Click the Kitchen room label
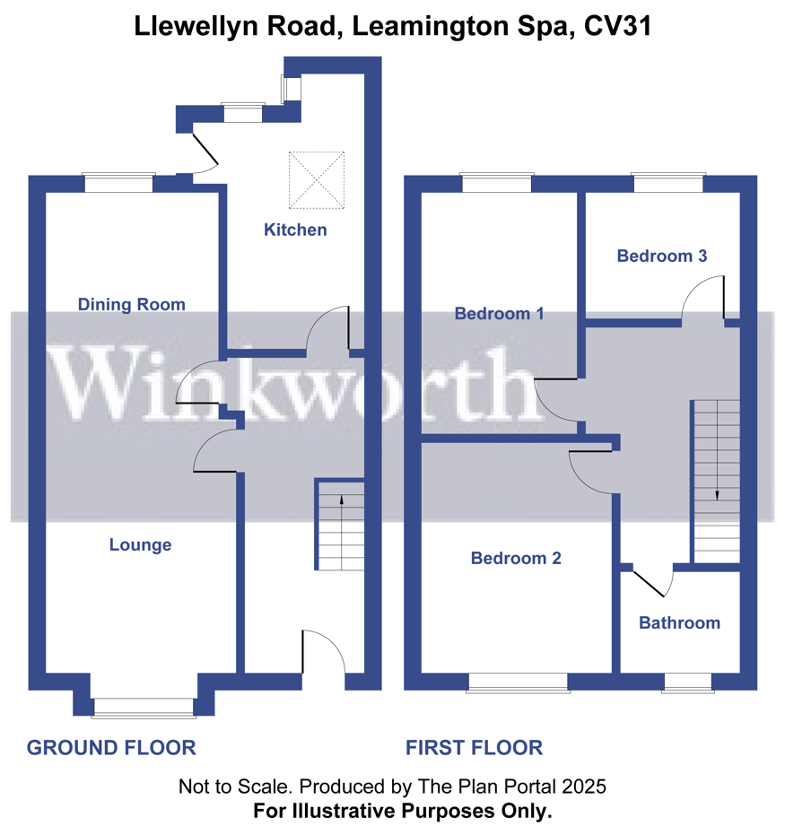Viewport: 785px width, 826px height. click(x=295, y=230)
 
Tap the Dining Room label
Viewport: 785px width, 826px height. click(x=132, y=305)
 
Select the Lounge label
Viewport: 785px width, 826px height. click(x=140, y=544)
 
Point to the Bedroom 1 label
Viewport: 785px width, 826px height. click(x=499, y=313)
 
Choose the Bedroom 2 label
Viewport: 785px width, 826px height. click(x=516, y=558)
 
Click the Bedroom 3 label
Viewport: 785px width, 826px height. click(x=662, y=256)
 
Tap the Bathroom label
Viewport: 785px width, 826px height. click(x=679, y=622)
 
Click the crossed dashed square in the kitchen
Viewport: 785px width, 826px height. click(x=317, y=180)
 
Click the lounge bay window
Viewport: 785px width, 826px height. click(x=144, y=708)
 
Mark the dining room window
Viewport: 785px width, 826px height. click(x=118, y=183)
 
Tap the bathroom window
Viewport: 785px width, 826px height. click(x=687, y=683)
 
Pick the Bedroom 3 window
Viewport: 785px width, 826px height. click(x=668, y=183)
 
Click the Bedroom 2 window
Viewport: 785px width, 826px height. click(x=518, y=683)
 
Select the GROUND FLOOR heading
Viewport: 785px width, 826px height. click(x=111, y=748)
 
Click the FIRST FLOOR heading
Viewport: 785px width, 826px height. click(x=475, y=748)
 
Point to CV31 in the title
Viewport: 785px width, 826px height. click(x=617, y=26)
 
